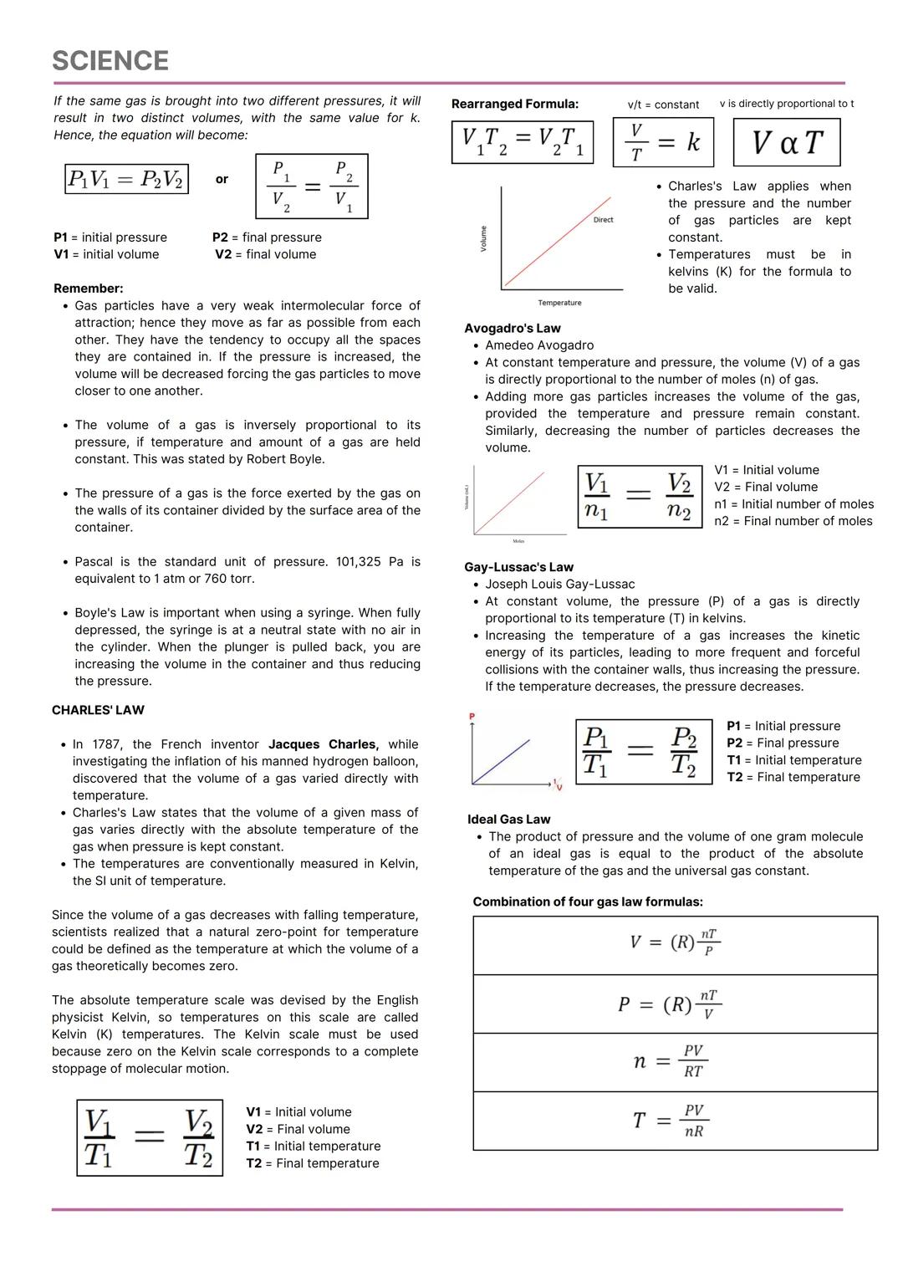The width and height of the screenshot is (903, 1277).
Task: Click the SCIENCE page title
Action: (x=110, y=61)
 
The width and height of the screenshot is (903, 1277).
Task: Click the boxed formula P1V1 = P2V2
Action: (x=126, y=179)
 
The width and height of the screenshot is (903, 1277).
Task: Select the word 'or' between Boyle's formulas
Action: (x=222, y=179)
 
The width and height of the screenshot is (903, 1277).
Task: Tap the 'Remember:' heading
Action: (x=88, y=289)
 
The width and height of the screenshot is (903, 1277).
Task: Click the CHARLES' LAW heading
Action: (x=98, y=710)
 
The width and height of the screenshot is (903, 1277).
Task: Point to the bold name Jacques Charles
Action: (x=323, y=744)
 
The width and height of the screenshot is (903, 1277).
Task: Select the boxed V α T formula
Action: (x=786, y=143)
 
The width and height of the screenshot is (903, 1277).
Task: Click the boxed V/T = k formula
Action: (x=666, y=143)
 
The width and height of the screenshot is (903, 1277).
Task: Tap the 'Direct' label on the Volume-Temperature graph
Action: (x=603, y=220)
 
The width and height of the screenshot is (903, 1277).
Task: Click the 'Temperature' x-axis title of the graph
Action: (x=559, y=303)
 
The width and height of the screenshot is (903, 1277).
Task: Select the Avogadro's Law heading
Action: (x=512, y=329)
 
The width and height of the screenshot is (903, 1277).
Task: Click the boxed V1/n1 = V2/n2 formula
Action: (x=639, y=497)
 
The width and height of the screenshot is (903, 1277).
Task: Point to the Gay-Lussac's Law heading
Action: (x=518, y=567)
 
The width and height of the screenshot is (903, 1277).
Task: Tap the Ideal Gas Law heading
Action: (x=508, y=820)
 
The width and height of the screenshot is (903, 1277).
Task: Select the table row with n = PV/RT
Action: (x=675, y=1062)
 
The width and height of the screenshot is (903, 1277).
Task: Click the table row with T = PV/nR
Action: (x=675, y=1121)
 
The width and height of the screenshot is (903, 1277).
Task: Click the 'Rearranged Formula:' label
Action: (x=514, y=105)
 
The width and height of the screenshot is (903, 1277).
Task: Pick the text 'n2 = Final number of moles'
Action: (x=793, y=521)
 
